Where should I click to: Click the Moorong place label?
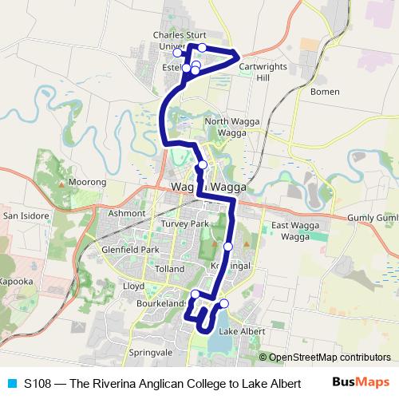click(87, 183)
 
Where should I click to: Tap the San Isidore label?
click(26, 215)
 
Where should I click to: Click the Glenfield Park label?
click(132, 250)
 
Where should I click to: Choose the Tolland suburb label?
click(170, 269)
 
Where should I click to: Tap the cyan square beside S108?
click(11, 383)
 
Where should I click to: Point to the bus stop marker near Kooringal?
click(227, 246)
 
